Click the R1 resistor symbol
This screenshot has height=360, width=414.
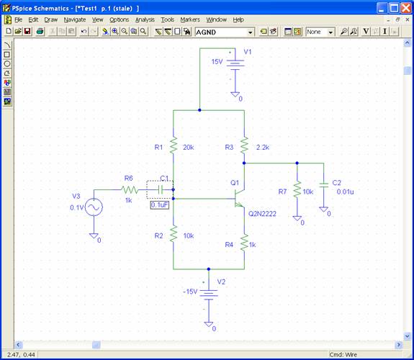[x=174, y=145]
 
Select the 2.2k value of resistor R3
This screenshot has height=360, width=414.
[x=263, y=148]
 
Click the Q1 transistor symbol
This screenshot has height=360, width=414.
[x=240, y=199]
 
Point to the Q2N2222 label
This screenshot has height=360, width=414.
[x=262, y=214]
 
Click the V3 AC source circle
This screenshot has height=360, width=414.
[x=94, y=207]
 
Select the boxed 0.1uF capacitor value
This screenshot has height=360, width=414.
[x=159, y=205]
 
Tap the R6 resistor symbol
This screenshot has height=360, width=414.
[x=130, y=189]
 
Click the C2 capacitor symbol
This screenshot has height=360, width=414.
[x=323, y=184]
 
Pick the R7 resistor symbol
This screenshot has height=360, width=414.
[x=297, y=189]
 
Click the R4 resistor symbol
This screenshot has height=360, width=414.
[x=244, y=243]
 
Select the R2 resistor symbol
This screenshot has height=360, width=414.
[x=174, y=234]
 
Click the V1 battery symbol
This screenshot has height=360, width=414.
[x=235, y=65]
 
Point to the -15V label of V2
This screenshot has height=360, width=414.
[x=190, y=292]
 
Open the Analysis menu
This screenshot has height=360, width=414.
[x=145, y=20]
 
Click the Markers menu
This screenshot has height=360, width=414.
[x=190, y=20]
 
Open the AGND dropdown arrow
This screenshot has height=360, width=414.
[x=250, y=32]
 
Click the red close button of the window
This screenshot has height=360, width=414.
[x=406, y=8]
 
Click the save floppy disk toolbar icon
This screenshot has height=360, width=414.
[x=27, y=32]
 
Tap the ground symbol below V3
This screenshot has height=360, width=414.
[x=94, y=235]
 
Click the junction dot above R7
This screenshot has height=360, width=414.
[x=297, y=163]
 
